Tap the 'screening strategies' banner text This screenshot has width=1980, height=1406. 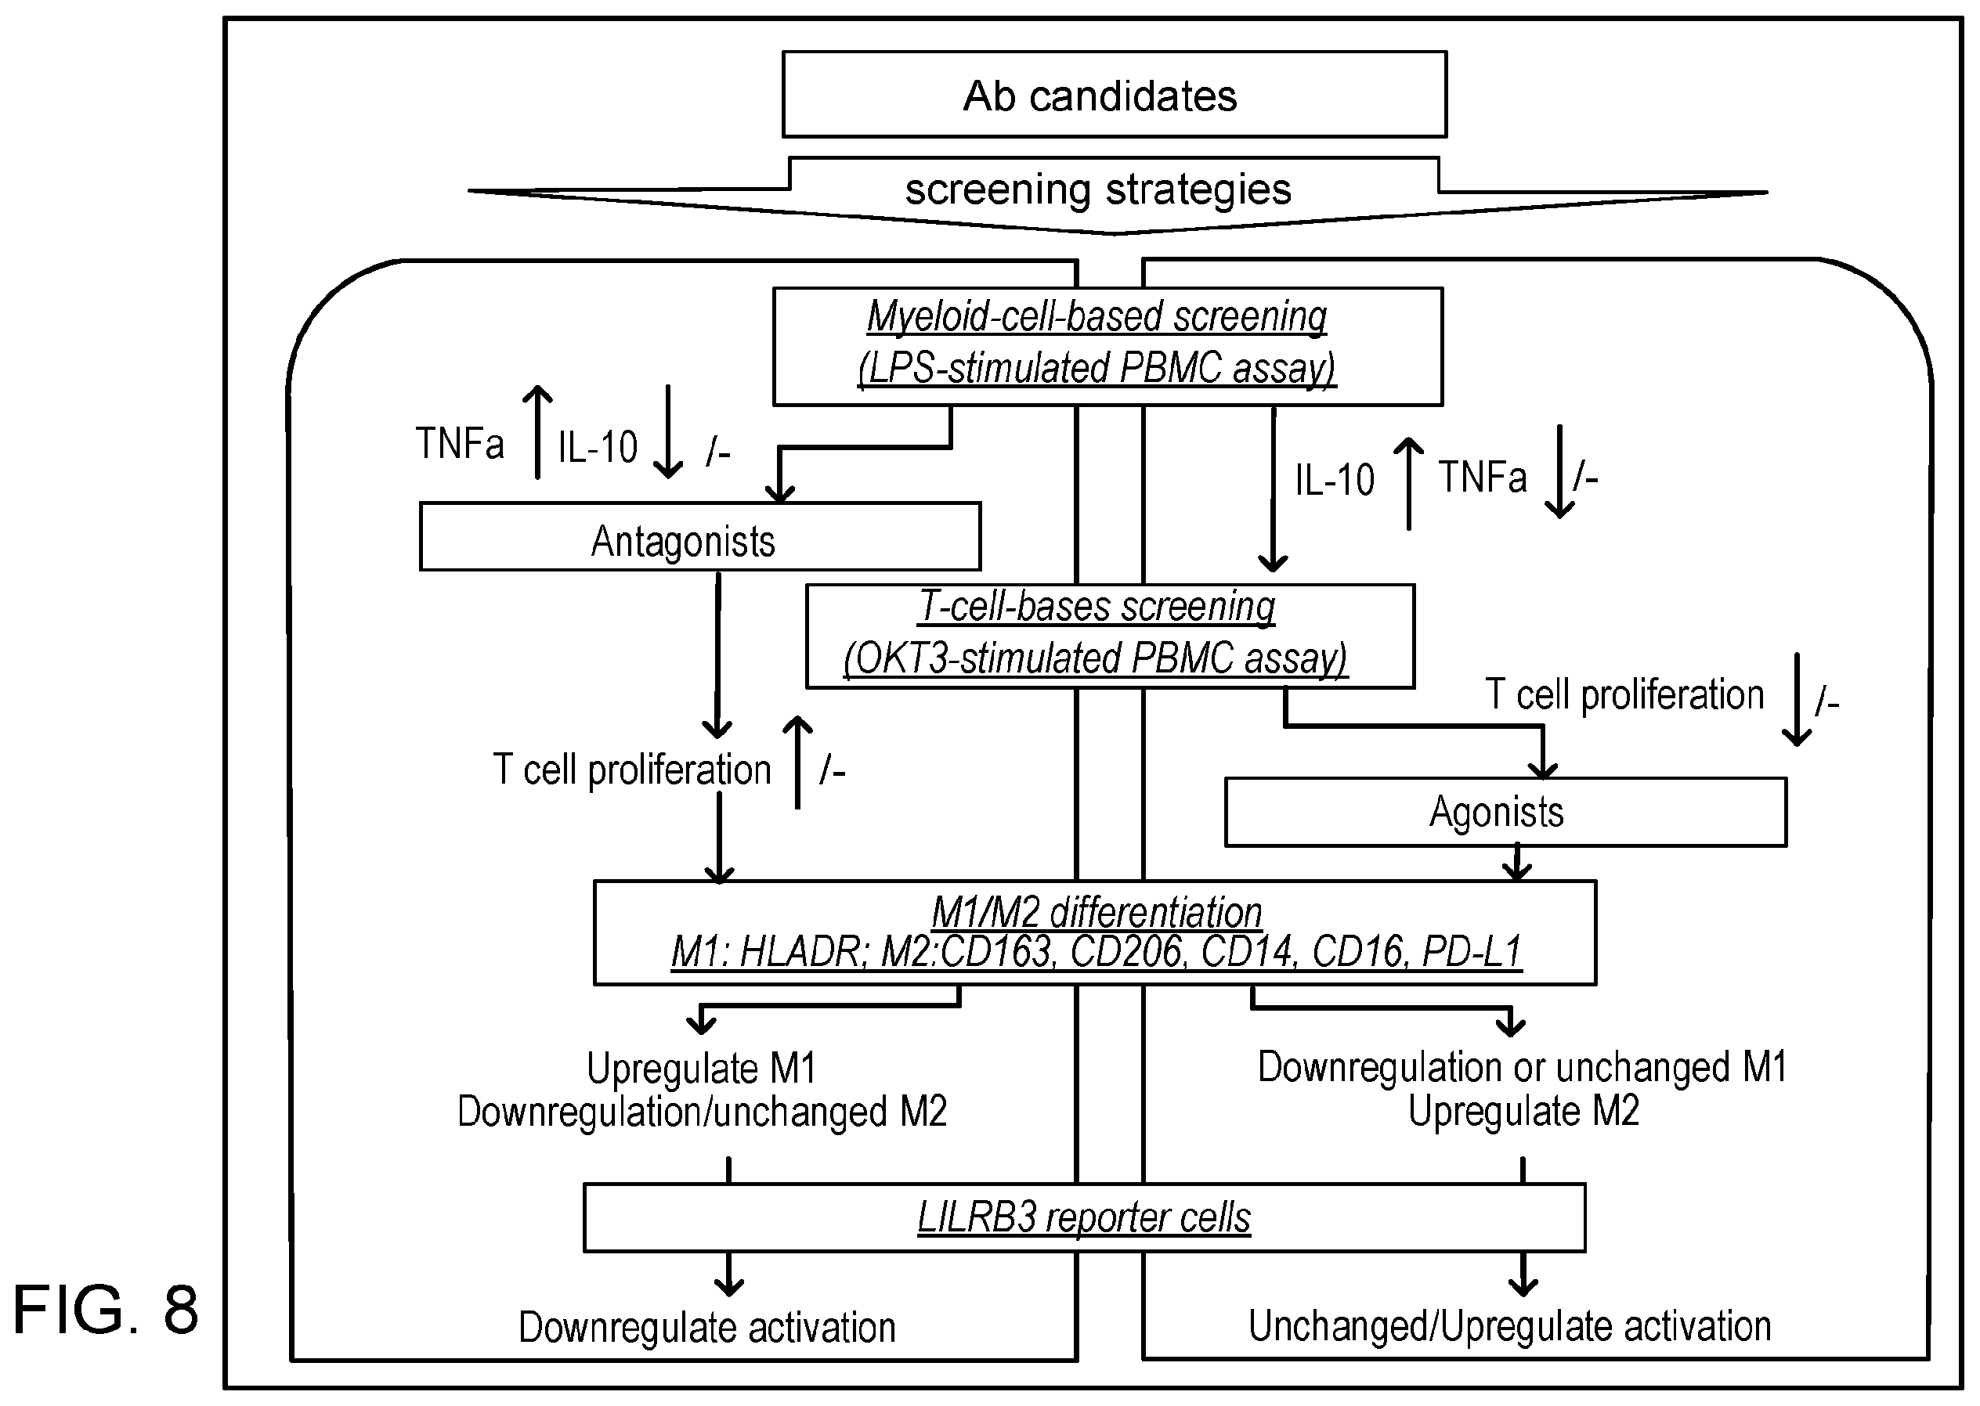click(x=1098, y=189)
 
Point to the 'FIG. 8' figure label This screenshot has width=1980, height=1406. click(x=106, y=1310)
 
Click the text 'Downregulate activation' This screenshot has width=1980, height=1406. click(x=706, y=1327)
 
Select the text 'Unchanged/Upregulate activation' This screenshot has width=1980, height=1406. click(x=1510, y=1326)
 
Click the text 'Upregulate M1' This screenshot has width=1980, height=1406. click(x=702, y=1069)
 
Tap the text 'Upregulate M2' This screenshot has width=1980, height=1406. click(x=1523, y=1111)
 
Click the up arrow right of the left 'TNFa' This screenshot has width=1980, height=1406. click(x=538, y=432)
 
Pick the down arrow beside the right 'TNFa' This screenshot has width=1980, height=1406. click(x=1559, y=472)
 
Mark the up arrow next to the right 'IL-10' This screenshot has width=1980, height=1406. click(x=1409, y=483)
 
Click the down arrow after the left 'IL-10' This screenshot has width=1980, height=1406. click(x=668, y=432)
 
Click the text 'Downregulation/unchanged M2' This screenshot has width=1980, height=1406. click(x=702, y=1112)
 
